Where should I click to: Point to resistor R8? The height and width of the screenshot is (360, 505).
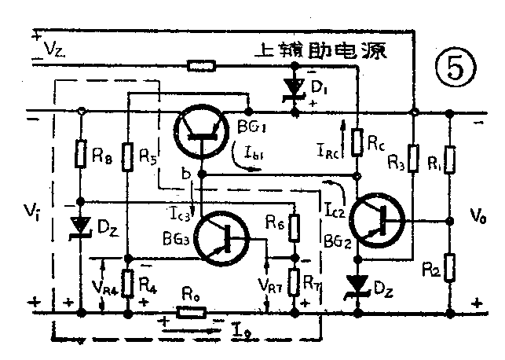pyautogui.click(x=82, y=154)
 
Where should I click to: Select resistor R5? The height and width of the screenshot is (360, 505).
pyautogui.click(x=127, y=154)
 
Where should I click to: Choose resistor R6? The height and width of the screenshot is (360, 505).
pyautogui.click(x=294, y=229)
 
